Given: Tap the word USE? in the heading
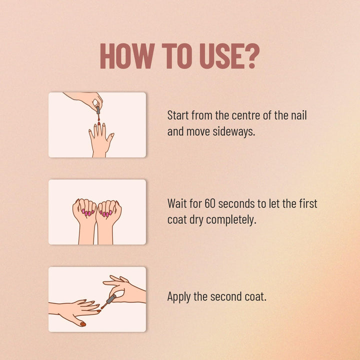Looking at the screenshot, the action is [x=229, y=56].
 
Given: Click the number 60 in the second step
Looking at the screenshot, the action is [x=210, y=203].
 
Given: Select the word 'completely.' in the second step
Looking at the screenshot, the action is [x=231, y=220].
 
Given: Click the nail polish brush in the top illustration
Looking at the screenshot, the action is [x=98, y=113].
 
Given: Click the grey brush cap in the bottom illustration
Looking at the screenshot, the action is [x=111, y=299].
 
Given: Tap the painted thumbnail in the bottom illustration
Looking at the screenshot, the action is [x=82, y=324].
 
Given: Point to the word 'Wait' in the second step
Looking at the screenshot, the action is [x=177, y=203].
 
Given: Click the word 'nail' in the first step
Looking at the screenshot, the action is [x=299, y=115].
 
